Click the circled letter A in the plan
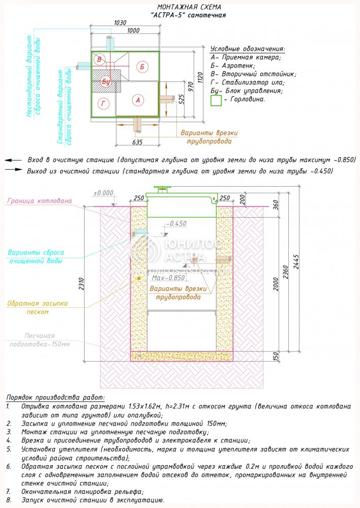(x=138, y=100)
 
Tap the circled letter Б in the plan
(x=142, y=67)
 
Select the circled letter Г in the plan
(x=104, y=104)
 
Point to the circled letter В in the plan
(x=100, y=60)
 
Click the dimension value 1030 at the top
(x=120, y=23)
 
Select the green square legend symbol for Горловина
(x=216, y=100)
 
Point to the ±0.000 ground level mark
(x=103, y=193)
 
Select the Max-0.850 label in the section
(x=168, y=278)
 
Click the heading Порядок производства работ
(x=55, y=397)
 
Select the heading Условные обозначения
(x=248, y=49)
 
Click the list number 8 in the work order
(x=9, y=500)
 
